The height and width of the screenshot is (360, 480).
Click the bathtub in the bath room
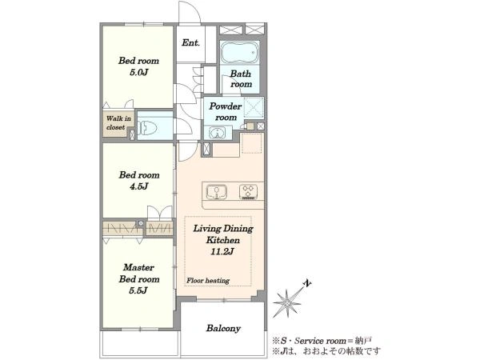coord(240,52)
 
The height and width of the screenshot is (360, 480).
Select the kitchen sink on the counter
coord(217,192)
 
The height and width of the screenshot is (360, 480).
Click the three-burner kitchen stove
coord(248,192)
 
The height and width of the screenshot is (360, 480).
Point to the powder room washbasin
coord(217,133)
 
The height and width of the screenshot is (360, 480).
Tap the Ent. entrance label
coord(190,42)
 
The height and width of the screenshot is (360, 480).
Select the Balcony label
coord(223,328)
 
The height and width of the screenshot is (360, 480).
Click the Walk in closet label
coord(118,122)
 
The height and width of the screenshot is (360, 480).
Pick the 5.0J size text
coord(138,73)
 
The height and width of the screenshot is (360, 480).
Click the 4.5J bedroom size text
coord(138,186)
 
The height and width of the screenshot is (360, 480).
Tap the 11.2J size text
coord(222,252)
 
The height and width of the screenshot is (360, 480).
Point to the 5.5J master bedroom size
coord(138,290)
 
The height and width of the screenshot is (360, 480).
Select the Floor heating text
coord(208,281)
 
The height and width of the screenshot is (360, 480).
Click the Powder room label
coord(226,112)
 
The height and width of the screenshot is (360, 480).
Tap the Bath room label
coord(241,78)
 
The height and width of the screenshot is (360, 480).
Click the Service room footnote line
coord(322,341)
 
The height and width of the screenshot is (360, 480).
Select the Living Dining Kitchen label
coord(223,234)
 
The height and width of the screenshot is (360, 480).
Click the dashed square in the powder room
coord(254,107)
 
